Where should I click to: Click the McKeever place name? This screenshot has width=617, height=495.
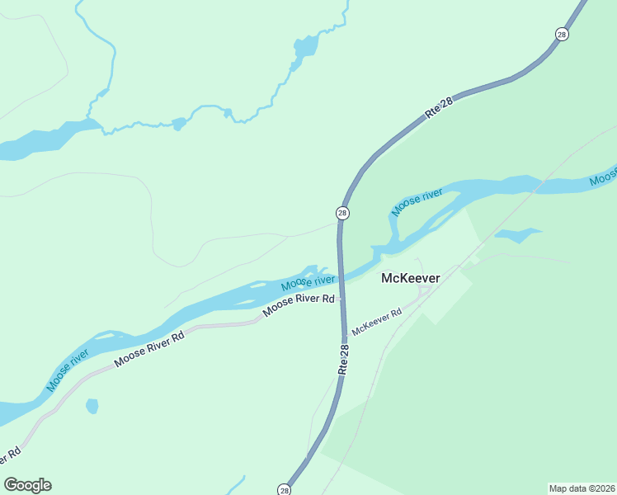(410, 278)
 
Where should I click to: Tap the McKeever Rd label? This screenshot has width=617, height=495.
(376, 321)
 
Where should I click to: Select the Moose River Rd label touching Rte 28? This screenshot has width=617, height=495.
(300, 304)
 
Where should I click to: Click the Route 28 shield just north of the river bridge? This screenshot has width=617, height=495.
(342, 214)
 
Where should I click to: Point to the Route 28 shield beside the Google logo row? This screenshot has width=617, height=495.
(285, 489)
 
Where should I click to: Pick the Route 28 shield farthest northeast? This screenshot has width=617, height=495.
(562, 34)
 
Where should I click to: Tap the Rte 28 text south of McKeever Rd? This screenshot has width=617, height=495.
(344, 361)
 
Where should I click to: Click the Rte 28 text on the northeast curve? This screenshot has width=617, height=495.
(440, 109)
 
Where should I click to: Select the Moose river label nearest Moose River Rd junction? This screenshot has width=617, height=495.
(308, 282)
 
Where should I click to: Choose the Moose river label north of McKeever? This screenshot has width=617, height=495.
(417, 202)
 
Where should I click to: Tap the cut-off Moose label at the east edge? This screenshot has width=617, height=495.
(604, 175)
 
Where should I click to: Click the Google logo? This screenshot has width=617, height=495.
(27, 485)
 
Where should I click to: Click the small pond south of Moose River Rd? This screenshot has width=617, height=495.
(92, 406)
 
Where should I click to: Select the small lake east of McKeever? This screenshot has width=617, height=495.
(516, 235)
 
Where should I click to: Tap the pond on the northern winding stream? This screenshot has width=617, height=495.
(304, 47)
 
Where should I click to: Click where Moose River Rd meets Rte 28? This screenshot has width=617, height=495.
(341, 299)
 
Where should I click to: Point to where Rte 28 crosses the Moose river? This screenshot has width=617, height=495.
(340, 276)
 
